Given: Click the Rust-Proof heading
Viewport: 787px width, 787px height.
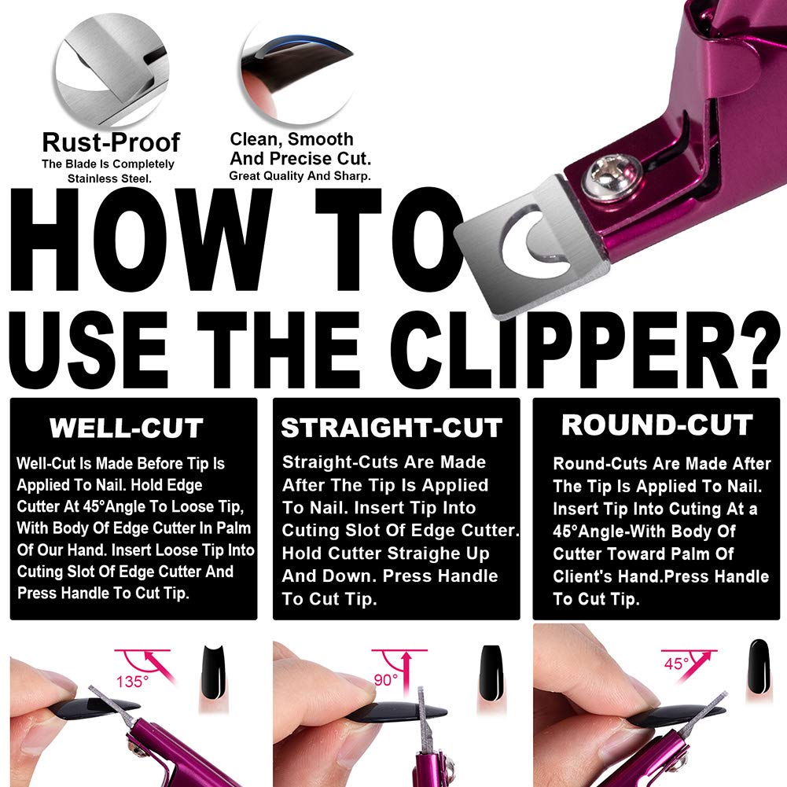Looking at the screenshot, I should (x=111, y=142).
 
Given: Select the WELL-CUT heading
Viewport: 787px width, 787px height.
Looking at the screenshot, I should (x=127, y=428).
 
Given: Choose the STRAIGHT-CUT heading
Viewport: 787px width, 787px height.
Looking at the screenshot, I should (x=392, y=428).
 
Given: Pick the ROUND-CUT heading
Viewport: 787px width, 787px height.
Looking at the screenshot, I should (x=656, y=425).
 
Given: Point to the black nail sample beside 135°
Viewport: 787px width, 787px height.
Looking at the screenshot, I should (x=210, y=668).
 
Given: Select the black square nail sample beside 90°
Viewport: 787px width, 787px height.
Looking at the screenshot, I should (x=489, y=668).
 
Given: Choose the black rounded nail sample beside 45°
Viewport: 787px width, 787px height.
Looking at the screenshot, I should (x=758, y=665).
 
